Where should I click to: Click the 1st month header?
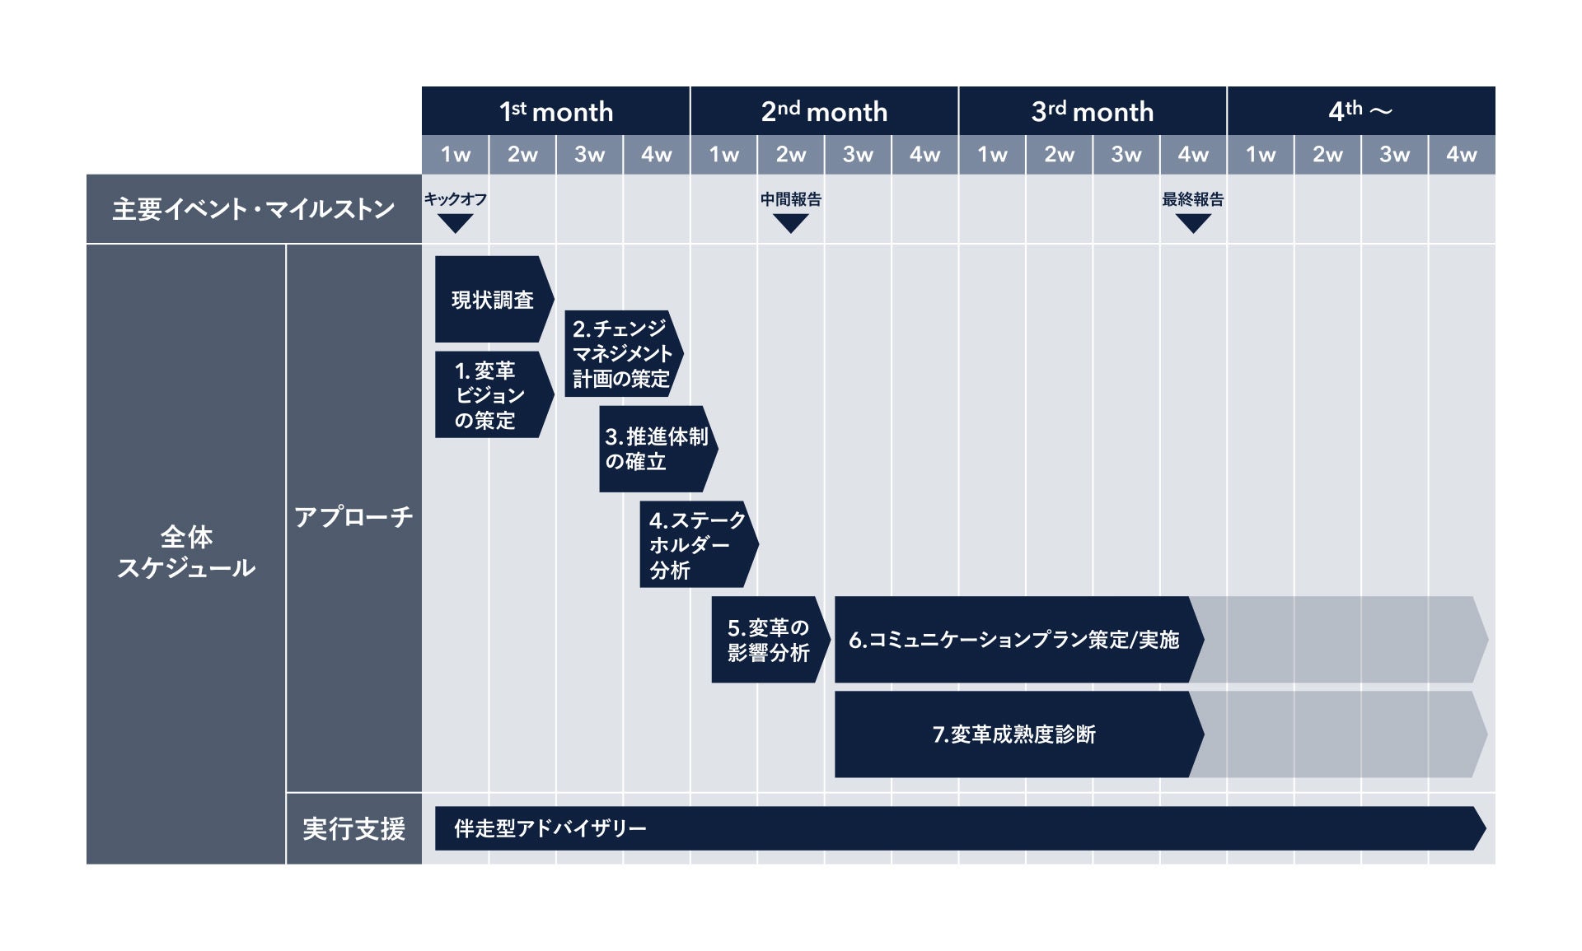556,111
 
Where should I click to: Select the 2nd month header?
824,111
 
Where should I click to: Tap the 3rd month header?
1093,111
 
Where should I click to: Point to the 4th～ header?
1360,111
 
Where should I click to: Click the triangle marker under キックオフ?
455,223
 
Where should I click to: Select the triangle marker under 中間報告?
790,223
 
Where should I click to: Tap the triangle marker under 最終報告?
1192,223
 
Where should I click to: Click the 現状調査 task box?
492,300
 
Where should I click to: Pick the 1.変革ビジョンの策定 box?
490,395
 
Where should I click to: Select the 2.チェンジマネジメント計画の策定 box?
621,354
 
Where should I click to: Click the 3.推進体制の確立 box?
656,449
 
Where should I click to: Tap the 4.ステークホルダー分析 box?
696,544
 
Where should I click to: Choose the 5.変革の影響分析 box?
768,640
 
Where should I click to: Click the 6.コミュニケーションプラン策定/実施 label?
1014,640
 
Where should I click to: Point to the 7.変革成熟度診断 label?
1014,734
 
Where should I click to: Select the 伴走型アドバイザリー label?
550,828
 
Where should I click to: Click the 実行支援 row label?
353,828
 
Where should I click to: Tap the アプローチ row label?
353,517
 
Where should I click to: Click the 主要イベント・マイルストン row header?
254,209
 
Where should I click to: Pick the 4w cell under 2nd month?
924,155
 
